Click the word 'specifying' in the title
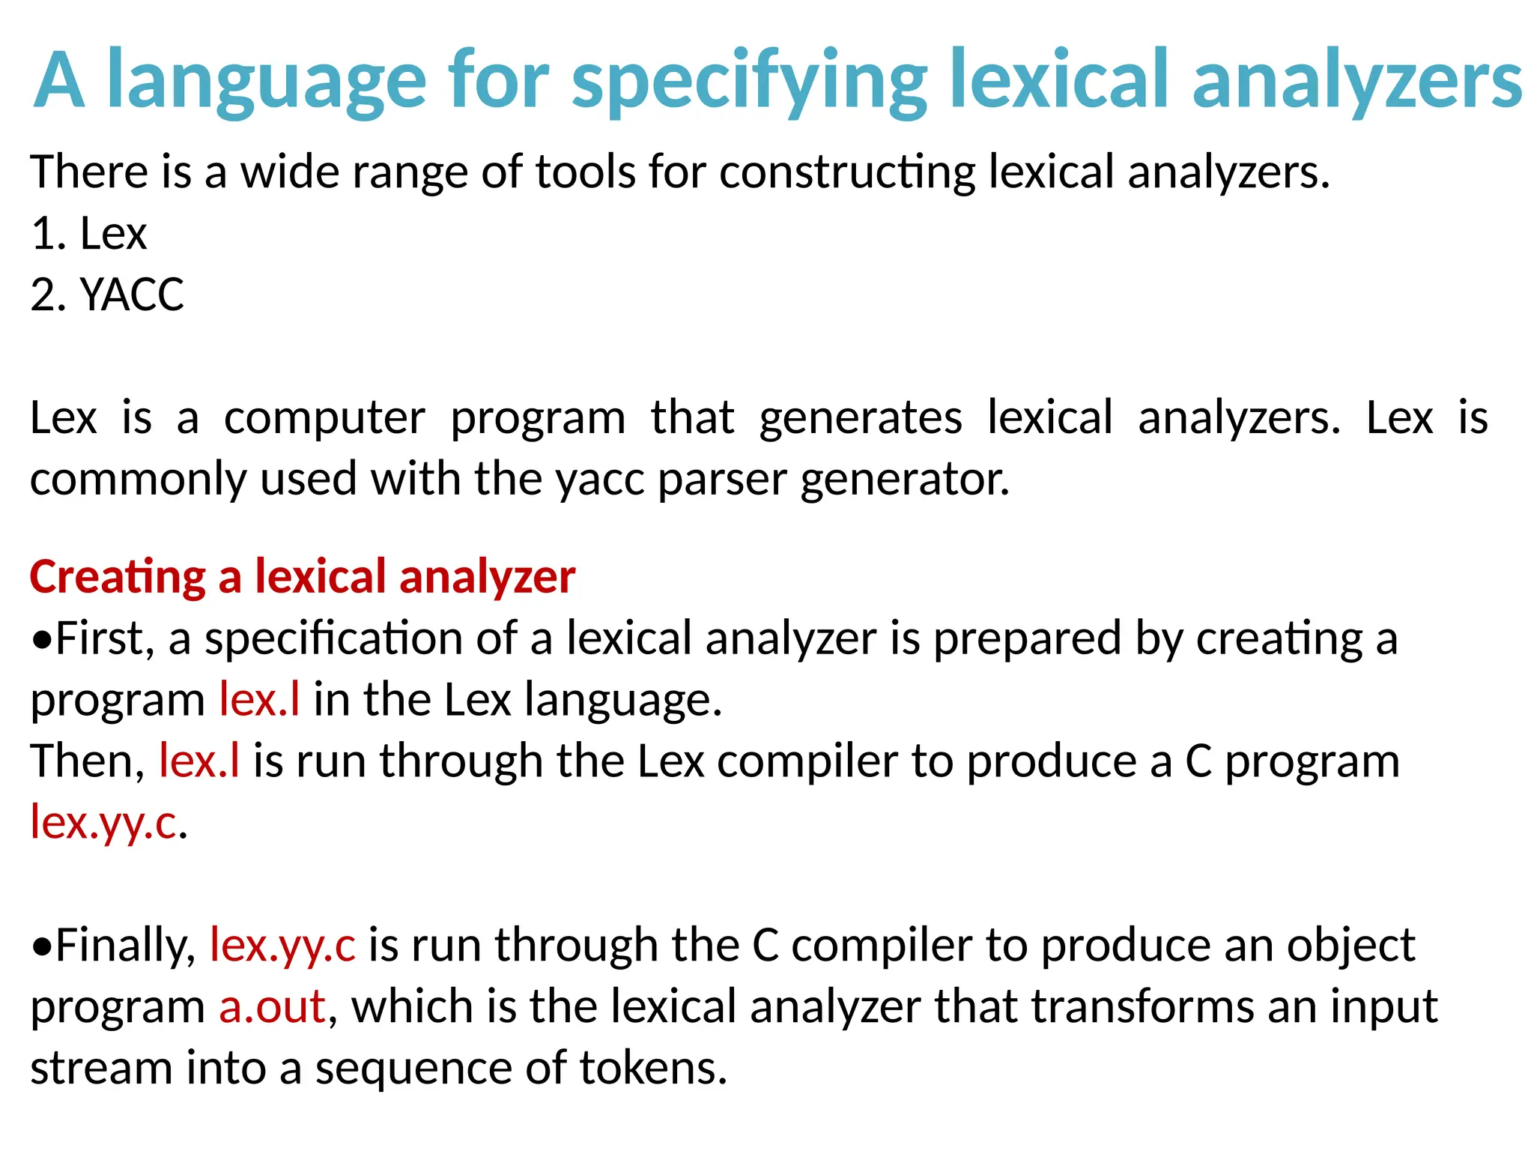click(x=749, y=81)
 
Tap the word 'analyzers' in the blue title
click(x=1356, y=81)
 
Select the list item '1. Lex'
click(x=88, y=233)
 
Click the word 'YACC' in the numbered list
click(x=132, y=294)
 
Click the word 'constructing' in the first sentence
click(x=847, y=172)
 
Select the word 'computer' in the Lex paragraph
click(x=324, y=417)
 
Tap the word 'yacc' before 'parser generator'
click(x=599, y=479)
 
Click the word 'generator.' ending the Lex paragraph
click(x=905, y=479)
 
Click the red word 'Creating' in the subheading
click(x=118, y=577)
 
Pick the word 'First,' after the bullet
click(x=105, y=638)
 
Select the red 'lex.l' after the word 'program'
click(x=259, y=700)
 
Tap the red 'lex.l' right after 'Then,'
click(x=199, y=761)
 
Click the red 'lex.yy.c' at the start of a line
click(x=103, y=823)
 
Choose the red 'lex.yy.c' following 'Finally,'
click(x=282, y=945)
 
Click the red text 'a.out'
click(x=272, y=1006)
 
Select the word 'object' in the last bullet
click(x=1350, y=945)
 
